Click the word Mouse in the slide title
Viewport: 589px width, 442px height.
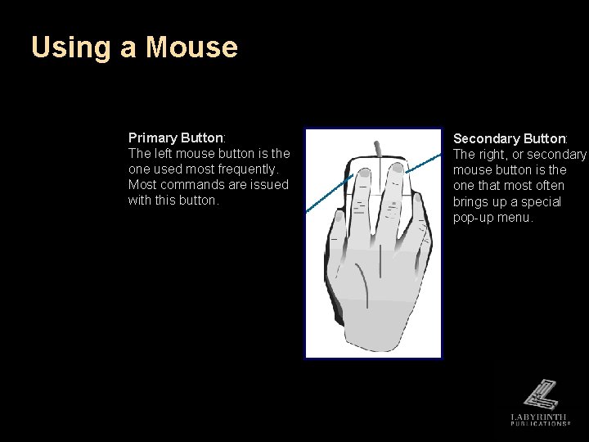(191, 47)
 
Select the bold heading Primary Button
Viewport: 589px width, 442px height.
(176, 138)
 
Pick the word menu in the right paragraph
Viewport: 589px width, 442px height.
(515, 218)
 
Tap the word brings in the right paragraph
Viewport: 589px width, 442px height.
(472, 201)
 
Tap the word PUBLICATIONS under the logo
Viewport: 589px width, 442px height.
(539, 426)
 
